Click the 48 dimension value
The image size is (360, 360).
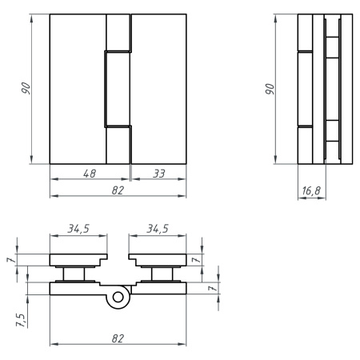90,174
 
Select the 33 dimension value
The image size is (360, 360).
159,174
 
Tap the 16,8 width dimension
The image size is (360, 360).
311,191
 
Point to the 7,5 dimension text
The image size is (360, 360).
21,320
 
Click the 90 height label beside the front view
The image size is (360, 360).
26,88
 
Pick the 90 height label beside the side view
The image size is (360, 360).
270,89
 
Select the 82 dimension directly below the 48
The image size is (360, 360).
118,190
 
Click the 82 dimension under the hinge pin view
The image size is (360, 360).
118,338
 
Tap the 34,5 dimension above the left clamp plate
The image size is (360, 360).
78,229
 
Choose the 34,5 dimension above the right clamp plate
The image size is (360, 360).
158,229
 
